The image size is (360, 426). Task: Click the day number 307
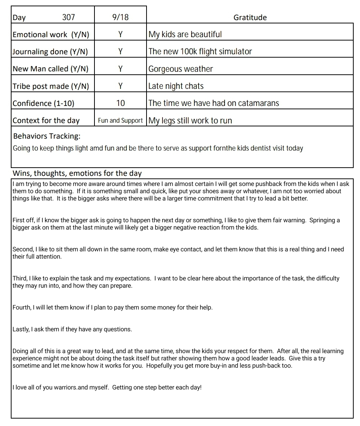pyautogui.click(x=68, y=17)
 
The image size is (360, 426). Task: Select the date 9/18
pyautogui.click(x=120, y=17)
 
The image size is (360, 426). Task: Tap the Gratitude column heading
pyautogui.click(x=250, y=17)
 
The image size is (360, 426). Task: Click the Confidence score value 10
pyautogui.click(x=120, y=103)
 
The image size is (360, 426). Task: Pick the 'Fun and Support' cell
pyautogui.click(x=120, y=120)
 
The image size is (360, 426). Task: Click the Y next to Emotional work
pyautogui.click(x=120, y=35)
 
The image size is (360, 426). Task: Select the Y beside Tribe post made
pyautogui.click(x=120, y=86)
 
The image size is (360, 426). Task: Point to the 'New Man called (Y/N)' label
pyautogui.click(x=51, y=69)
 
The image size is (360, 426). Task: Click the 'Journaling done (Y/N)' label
pyautogui.click(x=50, y=52)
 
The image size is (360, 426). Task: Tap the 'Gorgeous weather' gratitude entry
pyautogui.click(x=181, y=69)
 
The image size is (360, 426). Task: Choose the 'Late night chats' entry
pyautogui.click(x=176, y=86)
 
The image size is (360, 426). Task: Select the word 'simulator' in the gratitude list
pyautogui.click(x=235, y=52)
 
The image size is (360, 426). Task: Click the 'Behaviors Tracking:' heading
pyautogui.click(x=46, y=136)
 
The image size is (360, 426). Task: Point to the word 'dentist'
pyautogui.click(x=263, y=148)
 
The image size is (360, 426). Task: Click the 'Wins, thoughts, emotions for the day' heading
pyautogui.click(x=77, y=173)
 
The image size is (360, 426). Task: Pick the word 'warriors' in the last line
pyautogui.click(x=65, y=387)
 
